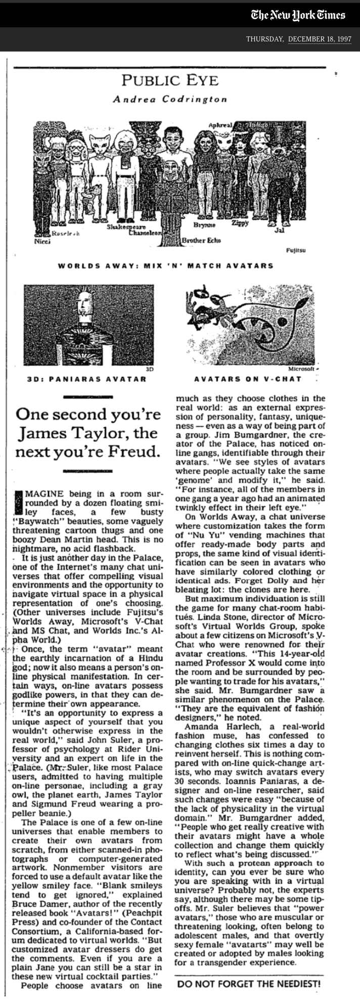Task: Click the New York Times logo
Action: [x=298, y=15]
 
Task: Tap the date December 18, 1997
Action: [x=320, y=39]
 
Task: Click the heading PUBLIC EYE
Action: [x=170, y=81]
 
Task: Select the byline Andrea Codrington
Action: [x=170, y=99]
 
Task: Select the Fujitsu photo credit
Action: [x=296, y=250]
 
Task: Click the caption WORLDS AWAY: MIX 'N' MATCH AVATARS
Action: [x=166, y=265]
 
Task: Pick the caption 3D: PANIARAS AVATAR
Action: [x=86, y=379]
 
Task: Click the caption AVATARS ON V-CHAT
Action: [x=247, y=379]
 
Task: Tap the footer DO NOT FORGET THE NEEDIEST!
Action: [x=249, y=984]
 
